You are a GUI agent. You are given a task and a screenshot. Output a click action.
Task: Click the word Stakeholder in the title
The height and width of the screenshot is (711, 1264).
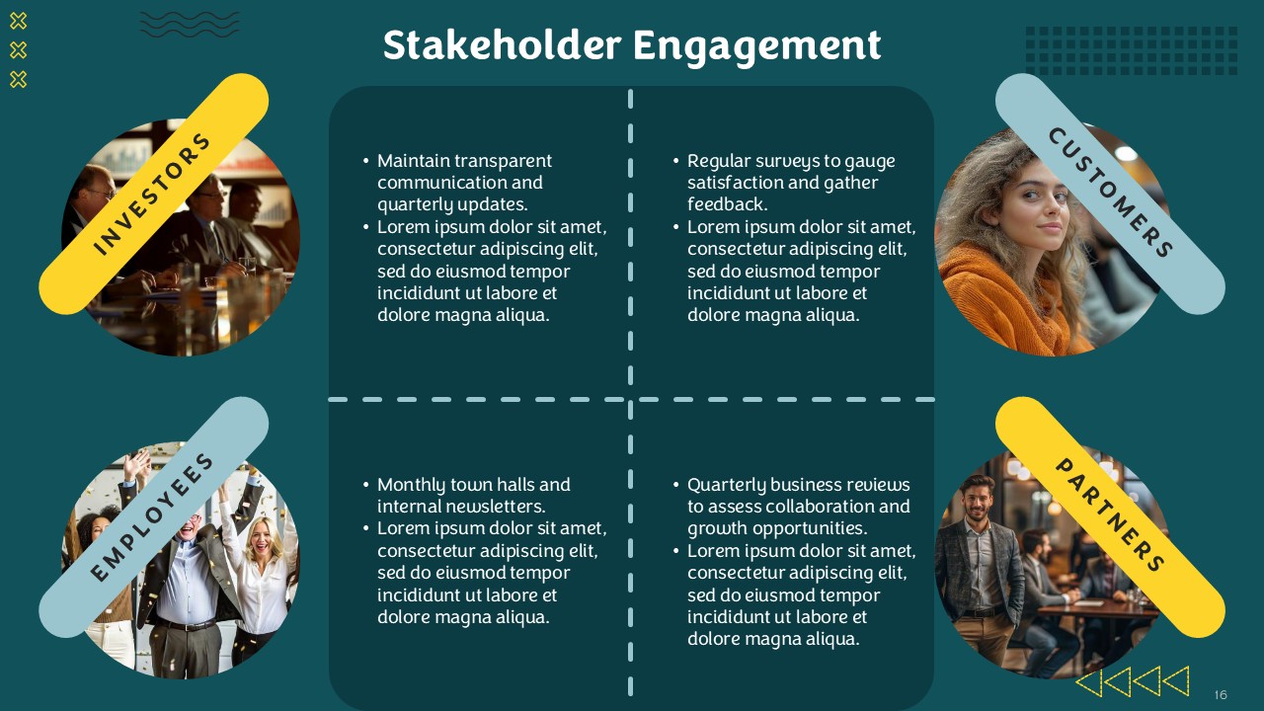click(x=502, y=45)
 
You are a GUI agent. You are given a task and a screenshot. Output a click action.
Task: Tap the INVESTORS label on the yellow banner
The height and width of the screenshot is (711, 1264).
click(x=151, y=194)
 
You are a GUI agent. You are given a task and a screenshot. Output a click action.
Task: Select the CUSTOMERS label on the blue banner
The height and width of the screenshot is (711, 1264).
click(x=1111, y=193)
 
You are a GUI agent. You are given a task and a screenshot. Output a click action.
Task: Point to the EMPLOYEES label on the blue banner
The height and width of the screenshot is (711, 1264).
click(x=151, y=516)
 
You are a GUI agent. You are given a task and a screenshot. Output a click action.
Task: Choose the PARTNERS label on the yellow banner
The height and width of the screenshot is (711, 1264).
click(x=1110, y=514)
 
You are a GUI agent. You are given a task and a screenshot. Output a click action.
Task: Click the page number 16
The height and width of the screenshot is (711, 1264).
click(x=1221, y=694)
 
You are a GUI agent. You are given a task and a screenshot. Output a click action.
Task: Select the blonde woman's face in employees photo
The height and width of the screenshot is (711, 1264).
click(x=262, y=537)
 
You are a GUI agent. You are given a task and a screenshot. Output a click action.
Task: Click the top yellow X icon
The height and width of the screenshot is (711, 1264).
click(x=18, y=22)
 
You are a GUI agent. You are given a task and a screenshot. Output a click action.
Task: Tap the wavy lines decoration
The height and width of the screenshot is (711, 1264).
click(x=190, y=25)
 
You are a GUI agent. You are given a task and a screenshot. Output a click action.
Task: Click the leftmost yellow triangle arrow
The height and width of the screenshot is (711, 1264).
click(x=1088, y=681)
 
